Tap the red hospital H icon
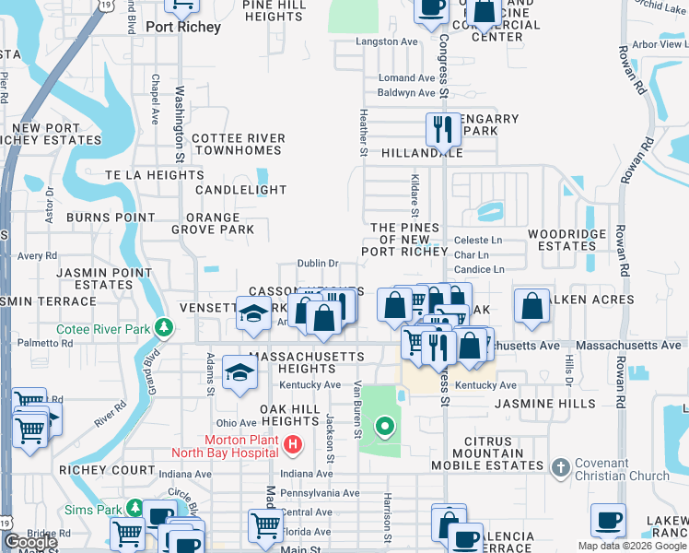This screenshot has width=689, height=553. tap(293, 446)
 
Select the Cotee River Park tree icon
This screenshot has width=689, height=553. tap(164, 327)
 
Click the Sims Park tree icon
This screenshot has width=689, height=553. tap(135, 509)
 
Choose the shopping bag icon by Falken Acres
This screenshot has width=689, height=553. tap(531, 306)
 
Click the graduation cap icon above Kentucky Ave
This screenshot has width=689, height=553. tap(239, 372)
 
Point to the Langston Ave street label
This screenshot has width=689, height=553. tap(387, 42)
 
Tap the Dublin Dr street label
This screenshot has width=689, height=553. tap(318, 264)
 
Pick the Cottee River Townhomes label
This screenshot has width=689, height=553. tap(238, 145)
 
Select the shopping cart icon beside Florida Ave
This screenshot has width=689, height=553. tap(265, 524)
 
